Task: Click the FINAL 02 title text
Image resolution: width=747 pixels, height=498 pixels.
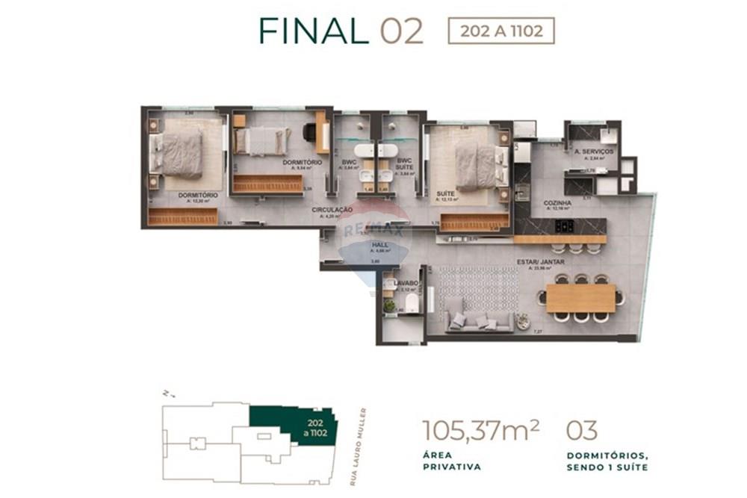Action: click(341, 31)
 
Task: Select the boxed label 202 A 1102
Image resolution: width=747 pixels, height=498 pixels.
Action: click(500, 31)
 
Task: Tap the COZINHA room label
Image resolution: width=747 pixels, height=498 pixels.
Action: click(558, 202)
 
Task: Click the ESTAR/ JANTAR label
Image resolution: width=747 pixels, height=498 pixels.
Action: click(539, 262)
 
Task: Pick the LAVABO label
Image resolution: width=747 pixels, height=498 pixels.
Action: click(406, 283)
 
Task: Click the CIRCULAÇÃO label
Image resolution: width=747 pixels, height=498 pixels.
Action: click(332, 211)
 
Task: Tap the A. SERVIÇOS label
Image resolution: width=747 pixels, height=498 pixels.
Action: click(594, 152)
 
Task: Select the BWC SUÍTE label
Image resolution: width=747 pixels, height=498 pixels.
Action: click(404, 164)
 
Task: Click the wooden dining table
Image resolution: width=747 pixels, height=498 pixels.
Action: click(581, 298)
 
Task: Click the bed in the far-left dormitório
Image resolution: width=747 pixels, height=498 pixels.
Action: click(179, 152)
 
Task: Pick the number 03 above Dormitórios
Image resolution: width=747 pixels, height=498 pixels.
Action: click(582, 431)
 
